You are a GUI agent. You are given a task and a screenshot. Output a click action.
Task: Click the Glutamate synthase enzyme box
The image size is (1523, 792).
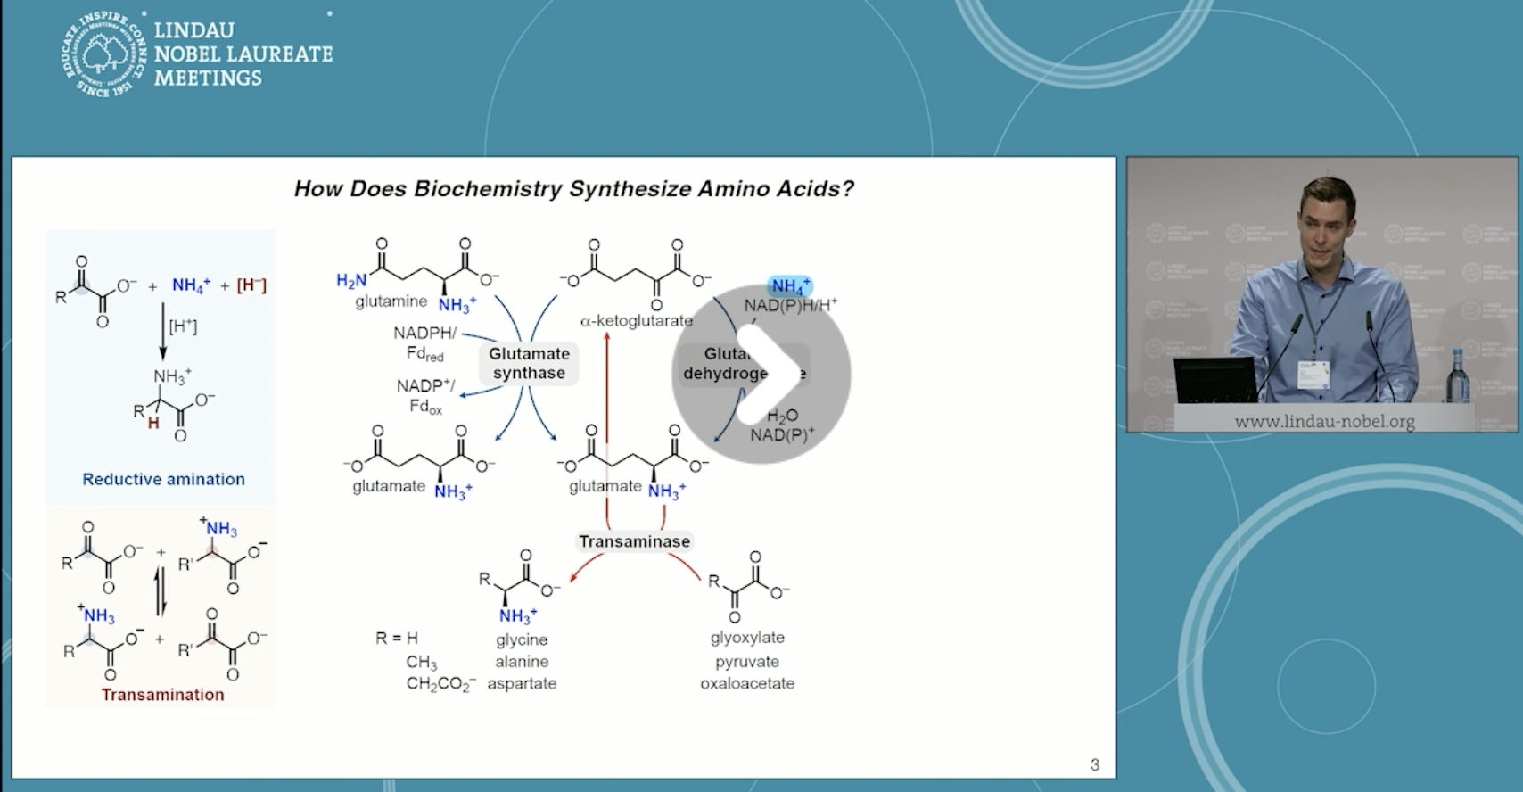tap(529, 363)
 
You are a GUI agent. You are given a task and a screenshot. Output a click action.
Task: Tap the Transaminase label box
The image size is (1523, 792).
tap(634, 541)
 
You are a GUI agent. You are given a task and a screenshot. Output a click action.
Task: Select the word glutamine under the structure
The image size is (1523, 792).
tap(391, 301)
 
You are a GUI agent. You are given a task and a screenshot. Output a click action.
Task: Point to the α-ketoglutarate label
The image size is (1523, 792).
tap(636, 320)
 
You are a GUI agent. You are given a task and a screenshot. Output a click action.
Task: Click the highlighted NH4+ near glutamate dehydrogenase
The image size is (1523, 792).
tap(790, 286)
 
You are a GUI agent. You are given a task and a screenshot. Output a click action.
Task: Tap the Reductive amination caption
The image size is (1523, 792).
tap(163, 479)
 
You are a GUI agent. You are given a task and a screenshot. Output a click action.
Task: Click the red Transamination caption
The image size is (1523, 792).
tap(162, 695)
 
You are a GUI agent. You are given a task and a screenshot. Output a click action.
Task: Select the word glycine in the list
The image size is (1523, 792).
tap(522, 639)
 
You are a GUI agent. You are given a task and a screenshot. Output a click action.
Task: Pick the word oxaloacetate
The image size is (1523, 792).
tap(747, 683)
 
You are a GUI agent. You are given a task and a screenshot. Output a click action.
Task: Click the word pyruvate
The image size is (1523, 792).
tap(747, 662)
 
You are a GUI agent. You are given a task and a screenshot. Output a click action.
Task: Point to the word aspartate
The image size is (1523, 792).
tap(522, 683)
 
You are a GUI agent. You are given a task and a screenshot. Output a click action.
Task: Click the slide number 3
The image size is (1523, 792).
tap(1095, 764)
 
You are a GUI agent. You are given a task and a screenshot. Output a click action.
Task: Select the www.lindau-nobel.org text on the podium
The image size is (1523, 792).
tap(1324, 421)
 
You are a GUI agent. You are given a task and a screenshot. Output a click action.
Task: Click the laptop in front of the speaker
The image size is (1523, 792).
tap(1214, 381)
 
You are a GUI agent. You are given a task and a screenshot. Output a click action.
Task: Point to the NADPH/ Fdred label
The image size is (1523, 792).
tap(424, 343)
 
